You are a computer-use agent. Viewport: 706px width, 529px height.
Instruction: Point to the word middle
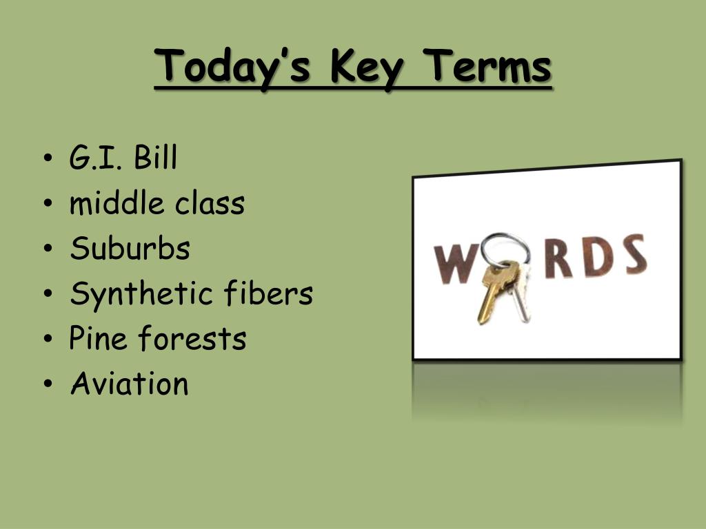(x=117, y=203)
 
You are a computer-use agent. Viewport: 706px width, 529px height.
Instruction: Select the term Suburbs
(x=130, y=248)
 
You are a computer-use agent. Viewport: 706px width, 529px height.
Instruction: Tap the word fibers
(x=268, y=293)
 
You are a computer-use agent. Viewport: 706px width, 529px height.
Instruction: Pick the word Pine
(x=98, y=338)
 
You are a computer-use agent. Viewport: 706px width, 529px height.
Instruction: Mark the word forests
(x=192, y=338)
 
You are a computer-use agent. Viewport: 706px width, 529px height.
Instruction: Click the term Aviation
(x=130, y=383)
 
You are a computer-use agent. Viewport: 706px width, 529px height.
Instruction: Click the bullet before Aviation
(x=48, y=384)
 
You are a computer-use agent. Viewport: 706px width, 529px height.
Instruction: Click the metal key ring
(x=505, y=235)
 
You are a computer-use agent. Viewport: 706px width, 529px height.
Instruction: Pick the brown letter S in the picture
(x=634, y=255)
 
